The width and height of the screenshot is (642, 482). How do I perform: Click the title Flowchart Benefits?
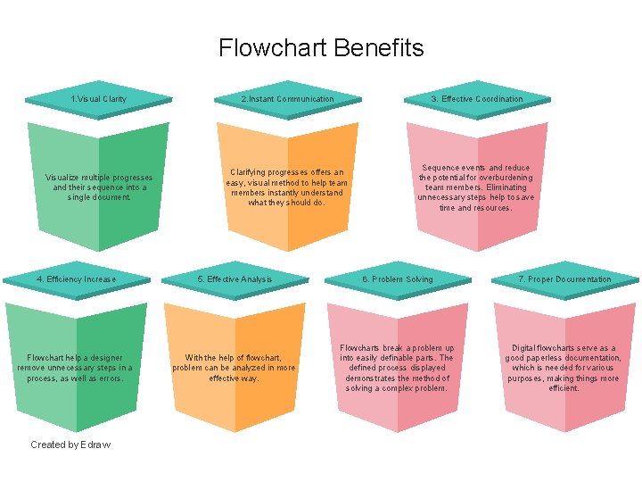[x=321, y=47]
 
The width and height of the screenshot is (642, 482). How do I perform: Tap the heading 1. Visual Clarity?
[x=99, y=99]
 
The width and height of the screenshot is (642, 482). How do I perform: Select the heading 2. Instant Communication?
[x=287, y=99]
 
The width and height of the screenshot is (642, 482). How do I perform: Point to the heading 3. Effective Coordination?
[x=477, y=99]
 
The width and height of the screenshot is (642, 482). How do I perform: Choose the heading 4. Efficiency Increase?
[x=76, y=279]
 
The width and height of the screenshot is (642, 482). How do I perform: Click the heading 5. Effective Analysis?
[x=235, y=279]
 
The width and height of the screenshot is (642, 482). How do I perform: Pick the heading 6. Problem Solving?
[x=397, y=279]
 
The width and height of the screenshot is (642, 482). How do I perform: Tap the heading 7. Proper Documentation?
[x=565, y=279]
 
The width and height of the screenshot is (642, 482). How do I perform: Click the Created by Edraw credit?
[x=70, y=445]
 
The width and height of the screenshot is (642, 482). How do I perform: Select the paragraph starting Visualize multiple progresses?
[x=99, y=187]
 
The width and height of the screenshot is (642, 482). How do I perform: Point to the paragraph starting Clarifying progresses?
[x=286, y=187]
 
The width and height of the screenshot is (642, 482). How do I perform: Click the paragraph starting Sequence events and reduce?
[x=476, y=187]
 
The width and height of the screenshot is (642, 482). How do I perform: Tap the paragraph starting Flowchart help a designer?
[x=75, y=368]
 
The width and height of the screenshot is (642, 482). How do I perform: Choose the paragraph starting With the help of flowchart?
[x=234, y=368]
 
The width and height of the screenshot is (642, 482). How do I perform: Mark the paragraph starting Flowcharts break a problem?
[x=397, y=368]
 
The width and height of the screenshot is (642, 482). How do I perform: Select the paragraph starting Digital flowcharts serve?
[x=564, y=368]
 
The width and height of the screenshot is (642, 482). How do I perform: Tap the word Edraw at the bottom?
[x=95, y=445]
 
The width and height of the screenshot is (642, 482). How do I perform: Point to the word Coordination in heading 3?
[x=498, y=99]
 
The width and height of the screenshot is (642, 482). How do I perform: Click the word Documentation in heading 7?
[x=584, y=279]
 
